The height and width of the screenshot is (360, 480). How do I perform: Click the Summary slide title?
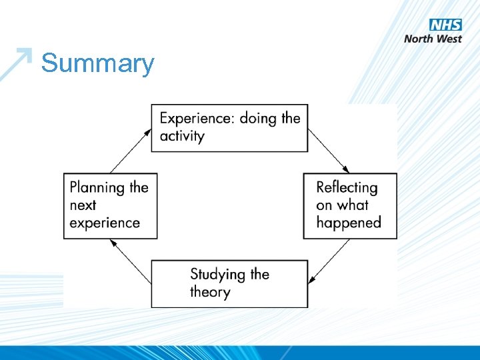pyautogui.click(x=97, y=64)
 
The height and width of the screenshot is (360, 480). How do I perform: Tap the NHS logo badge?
pyautogui.click(x=445, y=25)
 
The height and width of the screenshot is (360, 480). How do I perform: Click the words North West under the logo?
pyautogui.click(x=433, y=39)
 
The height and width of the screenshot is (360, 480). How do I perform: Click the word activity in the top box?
pyautogui.click(x=182, y=136)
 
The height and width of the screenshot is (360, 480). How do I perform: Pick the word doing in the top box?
pyautogui.click(x=259, y=119)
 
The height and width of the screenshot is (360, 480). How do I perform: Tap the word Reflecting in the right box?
pyautogui.click(x=347, y=188)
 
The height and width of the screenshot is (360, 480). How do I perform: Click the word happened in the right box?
pyautogui.click(x=349, y=223)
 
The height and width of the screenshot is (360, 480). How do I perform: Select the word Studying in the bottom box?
pyautogui.click(x=218, y=275)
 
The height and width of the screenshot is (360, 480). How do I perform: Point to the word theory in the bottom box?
pyautogui.click(x=210, y=292)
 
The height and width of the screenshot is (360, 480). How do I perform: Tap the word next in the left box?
pyautogui.click(x=83, y=205)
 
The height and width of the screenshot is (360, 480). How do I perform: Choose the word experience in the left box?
pyautogui.click(x=105, y=223)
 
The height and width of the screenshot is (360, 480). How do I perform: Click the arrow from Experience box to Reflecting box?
pyautogui.click(x=329, y=151)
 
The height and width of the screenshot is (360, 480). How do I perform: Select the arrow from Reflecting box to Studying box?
pyautogui.click(x=329, y=262)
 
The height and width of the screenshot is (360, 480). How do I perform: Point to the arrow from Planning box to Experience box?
pyautogui.click(x=131, y=151)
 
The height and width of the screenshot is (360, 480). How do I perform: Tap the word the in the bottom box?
pyautogui.click(x=259, y=275)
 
